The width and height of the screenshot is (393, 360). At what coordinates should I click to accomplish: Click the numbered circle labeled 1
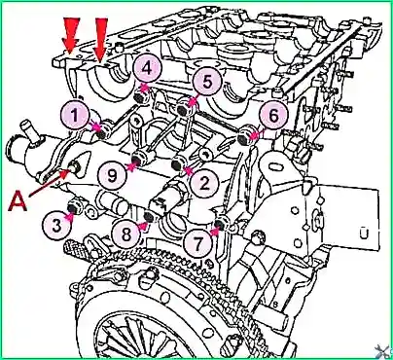tap(75, 115)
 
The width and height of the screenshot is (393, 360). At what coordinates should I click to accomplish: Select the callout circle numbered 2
tap(204, 183)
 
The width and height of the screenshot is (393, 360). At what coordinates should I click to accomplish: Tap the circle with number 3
tap(57, 226)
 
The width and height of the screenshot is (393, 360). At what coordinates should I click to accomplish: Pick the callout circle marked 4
tap(147, 69)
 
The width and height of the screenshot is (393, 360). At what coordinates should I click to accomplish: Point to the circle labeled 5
tap(207, 81)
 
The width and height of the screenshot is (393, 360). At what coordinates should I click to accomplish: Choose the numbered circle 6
tap(273, 116)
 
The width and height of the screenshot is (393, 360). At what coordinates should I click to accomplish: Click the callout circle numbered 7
tap(197, 241)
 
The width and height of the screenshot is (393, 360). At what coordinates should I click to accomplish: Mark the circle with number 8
tap(126, 234)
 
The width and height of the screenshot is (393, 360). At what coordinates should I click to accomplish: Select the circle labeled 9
tap(113, 176)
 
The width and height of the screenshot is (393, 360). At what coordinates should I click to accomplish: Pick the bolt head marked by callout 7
tap(220, 225)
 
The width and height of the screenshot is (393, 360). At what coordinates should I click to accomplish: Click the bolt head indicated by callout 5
tap(184, 109)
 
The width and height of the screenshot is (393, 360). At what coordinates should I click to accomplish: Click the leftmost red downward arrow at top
tap(72, 35)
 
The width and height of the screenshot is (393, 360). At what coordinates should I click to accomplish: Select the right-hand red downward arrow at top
tap(100, 40)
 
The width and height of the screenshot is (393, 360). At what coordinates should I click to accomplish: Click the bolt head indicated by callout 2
tap(178, 163)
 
